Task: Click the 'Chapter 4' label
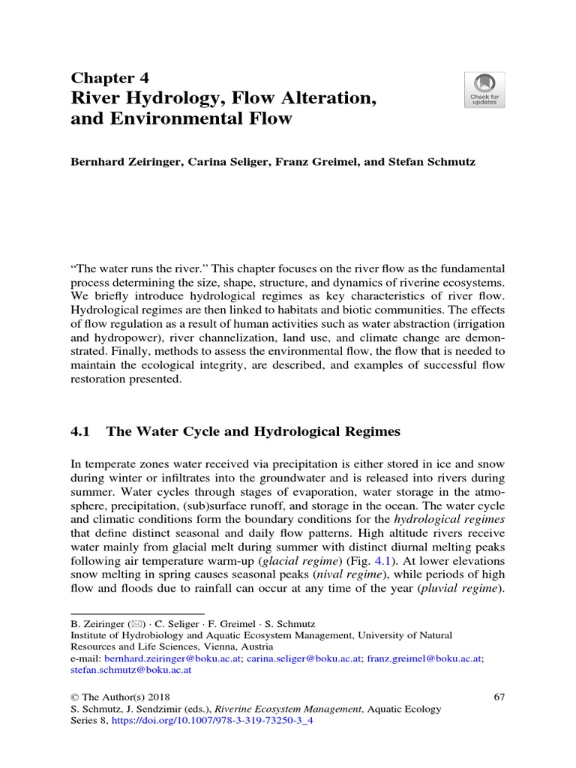click(109, 78)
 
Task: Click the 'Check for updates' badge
click(484, 90)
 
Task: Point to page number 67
click(499, 697)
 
